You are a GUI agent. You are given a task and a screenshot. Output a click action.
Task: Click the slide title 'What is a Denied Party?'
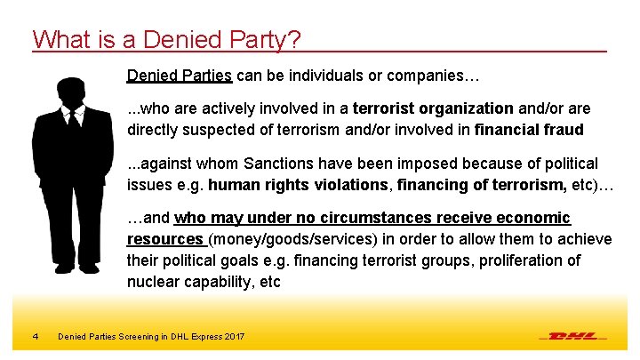pyautogui.click(x=167, y=39)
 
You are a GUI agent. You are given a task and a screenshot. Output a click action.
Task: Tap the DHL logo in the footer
pyautogui.click(x=573, y=336)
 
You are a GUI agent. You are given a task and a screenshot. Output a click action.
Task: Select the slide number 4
pyautogui.click(x=35, y=336)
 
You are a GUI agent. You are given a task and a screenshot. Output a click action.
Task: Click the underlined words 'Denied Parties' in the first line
pyautogui.click(x=180, y=76)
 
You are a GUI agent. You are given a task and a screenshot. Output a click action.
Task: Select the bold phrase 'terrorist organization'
pyautogui.click(x=433, y=109)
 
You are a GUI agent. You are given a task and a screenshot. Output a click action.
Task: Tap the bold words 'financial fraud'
pyautogui.click(x=529, y=129)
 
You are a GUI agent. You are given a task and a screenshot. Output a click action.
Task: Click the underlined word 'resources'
pyautogui.click(x=165, y=238)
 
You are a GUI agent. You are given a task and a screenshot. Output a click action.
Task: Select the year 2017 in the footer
pyautogui.click(x=235, y=336)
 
